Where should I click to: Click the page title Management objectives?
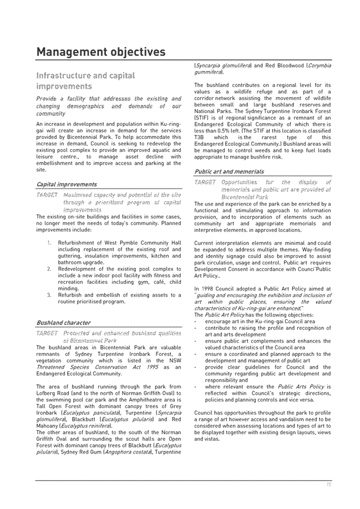point(100,52)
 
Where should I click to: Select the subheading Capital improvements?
point(66,184)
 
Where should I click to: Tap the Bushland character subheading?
point(63,322)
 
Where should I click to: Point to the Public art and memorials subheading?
point(229,172)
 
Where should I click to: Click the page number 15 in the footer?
point(328,485)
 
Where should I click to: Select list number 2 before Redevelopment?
point(50,269)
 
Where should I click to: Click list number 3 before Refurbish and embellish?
point(50,295)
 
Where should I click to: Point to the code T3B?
point(200,138)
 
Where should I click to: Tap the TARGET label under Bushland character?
point(47,333)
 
